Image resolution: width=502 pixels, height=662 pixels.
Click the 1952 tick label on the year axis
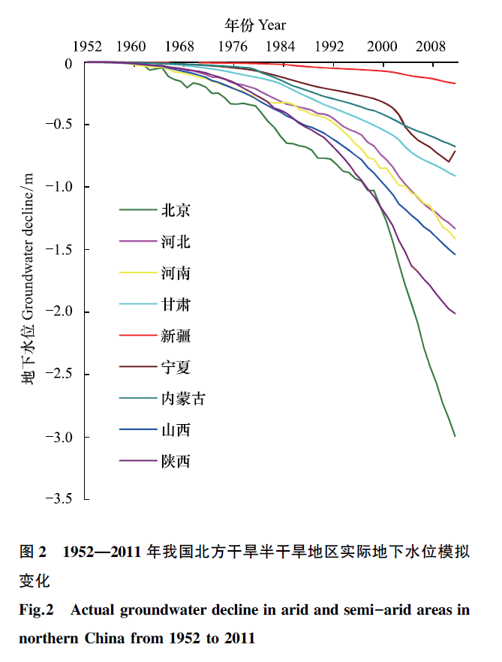pos(87,46)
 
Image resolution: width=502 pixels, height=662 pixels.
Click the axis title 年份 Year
pos(255,25)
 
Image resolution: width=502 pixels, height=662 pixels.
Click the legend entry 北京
pos(176,211)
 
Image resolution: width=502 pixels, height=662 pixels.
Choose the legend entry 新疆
pos(176,336)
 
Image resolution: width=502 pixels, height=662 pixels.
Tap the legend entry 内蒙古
pos(183,399)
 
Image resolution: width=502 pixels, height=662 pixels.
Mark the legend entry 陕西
pos(176,461)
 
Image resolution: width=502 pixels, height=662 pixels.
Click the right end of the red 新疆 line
pos(455,83)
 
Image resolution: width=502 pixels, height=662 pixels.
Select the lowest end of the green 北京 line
pos(455,435)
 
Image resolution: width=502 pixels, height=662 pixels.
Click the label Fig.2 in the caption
pos(36,610)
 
